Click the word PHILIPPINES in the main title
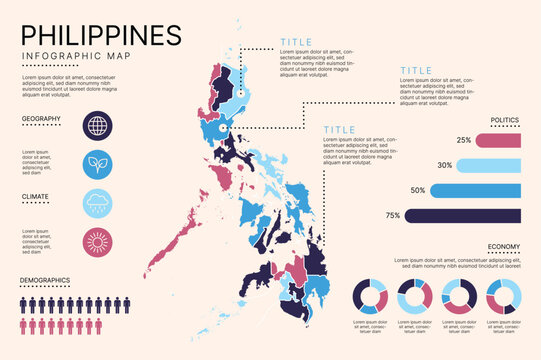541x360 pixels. pos(102,34)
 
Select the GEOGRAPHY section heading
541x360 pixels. pos(42,119)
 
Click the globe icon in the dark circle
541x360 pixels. pos(98,126)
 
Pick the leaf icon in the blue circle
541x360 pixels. pos(98,164)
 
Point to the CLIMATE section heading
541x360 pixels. pos(36,197)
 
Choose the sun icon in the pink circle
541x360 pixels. pos(98,242)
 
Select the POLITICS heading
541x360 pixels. pos(504,120)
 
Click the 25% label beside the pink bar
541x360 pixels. pos(463,140)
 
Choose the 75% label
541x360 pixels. pos(393,215)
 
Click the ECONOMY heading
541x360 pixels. pos(503,246)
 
